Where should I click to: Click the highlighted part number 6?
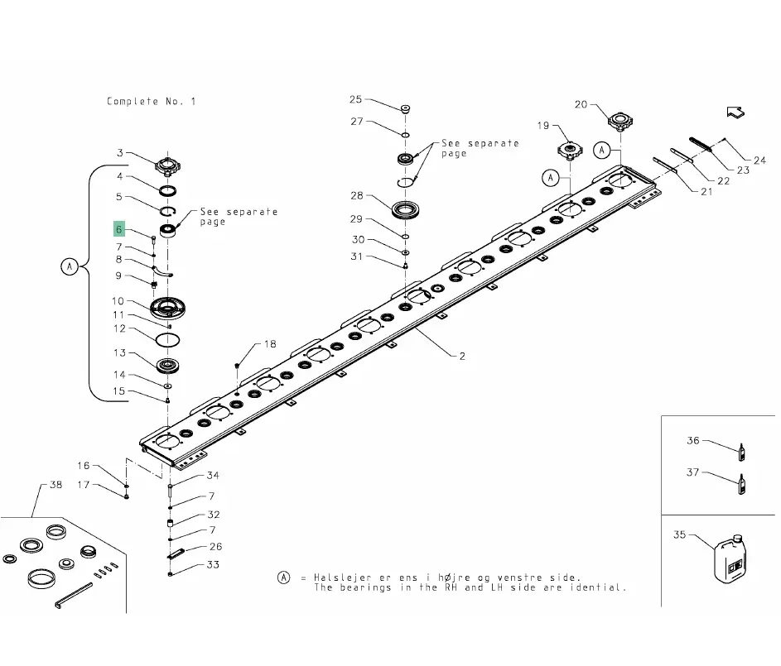coord(119,229)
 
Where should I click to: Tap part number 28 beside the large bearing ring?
coord(357,196)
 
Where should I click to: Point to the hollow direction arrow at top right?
coord(734,113)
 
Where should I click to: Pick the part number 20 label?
coord(581,104)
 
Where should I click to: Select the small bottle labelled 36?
coord(741,451)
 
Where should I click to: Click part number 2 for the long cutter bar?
coord(461,357)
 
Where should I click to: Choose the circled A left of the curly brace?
coord(70,266)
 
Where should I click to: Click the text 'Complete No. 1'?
coord(152,102)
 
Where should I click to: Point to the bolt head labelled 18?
coord(238,364)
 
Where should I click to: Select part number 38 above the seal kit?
coord(55,485)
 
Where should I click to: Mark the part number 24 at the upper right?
coord(759,160)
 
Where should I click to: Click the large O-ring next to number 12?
coord(170,339)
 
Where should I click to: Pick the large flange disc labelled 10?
coord(170,309)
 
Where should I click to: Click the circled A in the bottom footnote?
coord(284,577)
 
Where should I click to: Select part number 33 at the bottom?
coord(214,565)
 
